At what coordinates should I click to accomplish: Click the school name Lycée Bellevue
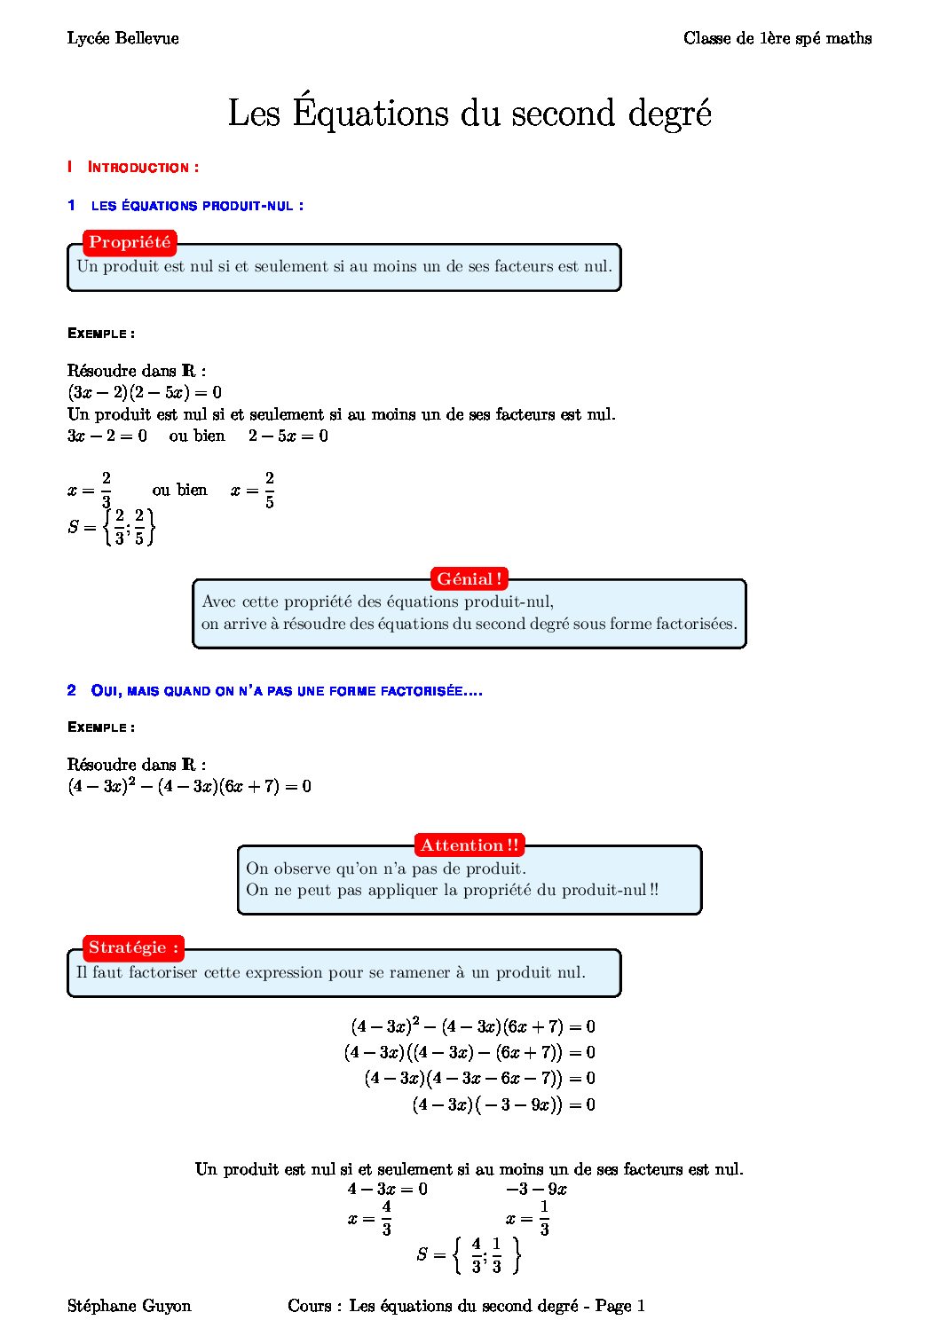pyautogui.click(x=122, y=38)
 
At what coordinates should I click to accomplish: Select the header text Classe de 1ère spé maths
pyautogui.click(x=777, y=38)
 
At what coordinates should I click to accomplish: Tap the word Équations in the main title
pyautogui.click(x=370, y=113)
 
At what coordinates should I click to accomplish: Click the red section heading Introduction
pyautogui.click(x=142, y=167)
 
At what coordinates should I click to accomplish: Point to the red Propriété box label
pyautogui.click(x=130, y=242)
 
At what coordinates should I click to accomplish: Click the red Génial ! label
pyautogui.click(x=469, y=579)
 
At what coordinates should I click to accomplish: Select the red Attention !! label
pyautogui.click(x=469, y=845)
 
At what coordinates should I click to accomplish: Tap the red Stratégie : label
pyautogui.click(x=133, y=947)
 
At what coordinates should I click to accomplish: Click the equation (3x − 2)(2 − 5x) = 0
pyautogui.click(x=145, y=392)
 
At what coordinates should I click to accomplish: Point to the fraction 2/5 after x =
pyautogui.click(x=269, y=490)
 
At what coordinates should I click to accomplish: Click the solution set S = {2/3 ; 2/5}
pyautogui.click(x=112, y=527)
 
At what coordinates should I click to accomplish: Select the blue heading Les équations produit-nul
pyautogui.click(x=196, y=206)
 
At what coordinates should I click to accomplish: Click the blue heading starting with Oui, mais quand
pyautogui.click(x=286, y=691)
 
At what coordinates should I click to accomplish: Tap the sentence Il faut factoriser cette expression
pyautogui.click(x=330, y=972)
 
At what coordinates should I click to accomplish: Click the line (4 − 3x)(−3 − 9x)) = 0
pyautogui.click(x=503, y=1104)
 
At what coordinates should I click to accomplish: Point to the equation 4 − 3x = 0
pyautogui.click(x=387, y=1189)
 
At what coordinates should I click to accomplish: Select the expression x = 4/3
pyautogui.click(x=370, y=1218)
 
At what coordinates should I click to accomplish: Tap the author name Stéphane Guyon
pyautogui.click(x=130, y=1306)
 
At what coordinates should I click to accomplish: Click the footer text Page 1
pyautogui.click(x=619, y=1306)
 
